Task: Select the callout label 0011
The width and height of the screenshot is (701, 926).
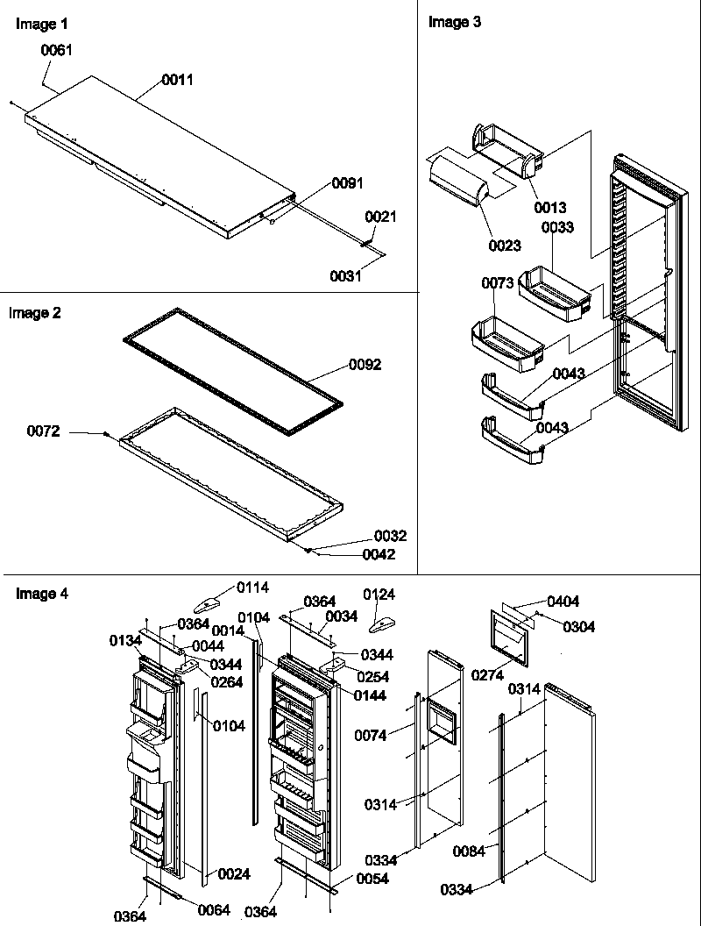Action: (x=177, y=80)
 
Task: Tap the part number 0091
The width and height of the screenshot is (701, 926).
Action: (x=347, y=182)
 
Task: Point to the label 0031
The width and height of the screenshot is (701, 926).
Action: (x=345, y=275)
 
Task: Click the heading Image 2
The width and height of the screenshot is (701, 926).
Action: (x=35, y=313)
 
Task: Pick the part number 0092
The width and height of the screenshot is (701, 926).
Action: (x=365, y=365)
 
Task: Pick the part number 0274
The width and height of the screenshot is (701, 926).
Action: (x=487, y=675)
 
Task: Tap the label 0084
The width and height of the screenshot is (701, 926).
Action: (x=470, y=851)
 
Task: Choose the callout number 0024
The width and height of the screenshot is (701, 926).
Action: (x=234, y=873)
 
